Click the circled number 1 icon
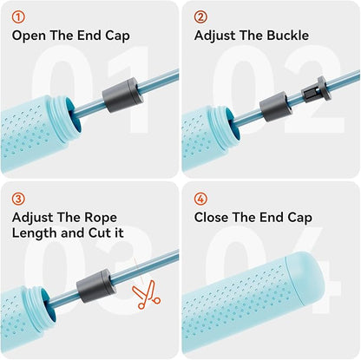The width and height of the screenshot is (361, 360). pos(18,17)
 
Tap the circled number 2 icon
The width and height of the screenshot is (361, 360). pos(200,17)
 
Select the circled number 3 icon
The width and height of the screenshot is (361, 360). pos(18,200)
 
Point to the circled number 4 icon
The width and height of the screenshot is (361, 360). pos(200,200)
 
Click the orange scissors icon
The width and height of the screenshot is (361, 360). pos(147,295)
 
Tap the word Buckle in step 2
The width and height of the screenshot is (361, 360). pos(287,36)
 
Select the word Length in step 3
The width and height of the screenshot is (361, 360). pos(32,233)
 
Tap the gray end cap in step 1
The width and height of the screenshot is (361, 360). pos(123,95)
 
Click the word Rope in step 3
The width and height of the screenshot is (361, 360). pos(101,218)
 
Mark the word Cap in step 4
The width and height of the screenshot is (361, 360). pos(300,218)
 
